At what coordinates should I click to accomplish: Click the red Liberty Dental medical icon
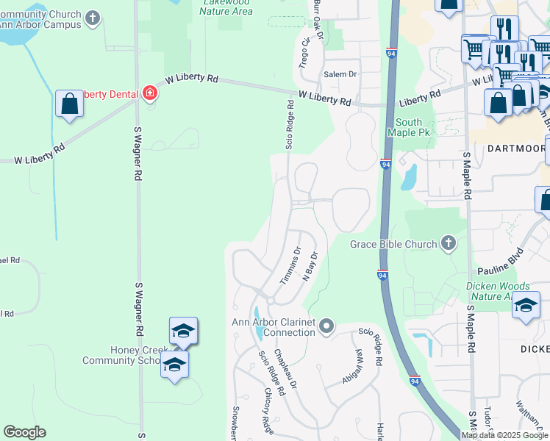(x=151, y=93)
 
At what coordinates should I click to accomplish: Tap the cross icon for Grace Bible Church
(x=448, y=243)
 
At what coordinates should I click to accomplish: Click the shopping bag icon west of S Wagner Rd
(x=69, y=104)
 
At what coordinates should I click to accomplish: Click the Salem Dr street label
(x=340, y=74)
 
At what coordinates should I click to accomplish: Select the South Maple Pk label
(x=409, y=127)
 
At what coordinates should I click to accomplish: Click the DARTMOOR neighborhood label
(x=515, y=148)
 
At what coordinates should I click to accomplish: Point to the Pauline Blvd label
(x=499, y=270)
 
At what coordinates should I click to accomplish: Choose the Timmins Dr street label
(x=291, y=264)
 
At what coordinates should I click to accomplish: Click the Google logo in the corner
(x=24, y=432)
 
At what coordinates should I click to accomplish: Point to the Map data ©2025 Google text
(x=504, y=435)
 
